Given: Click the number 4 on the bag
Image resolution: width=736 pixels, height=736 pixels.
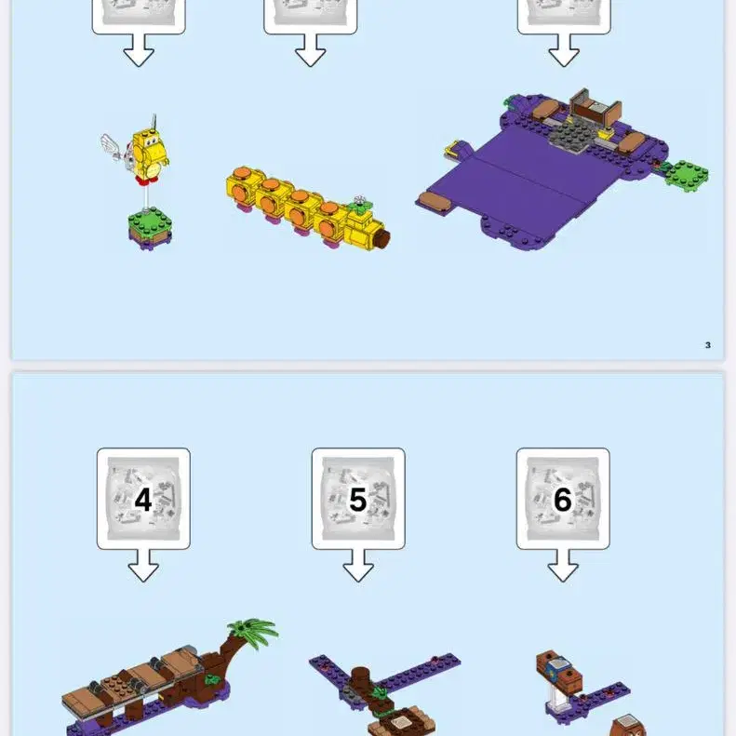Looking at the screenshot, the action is click(x=143, y=500).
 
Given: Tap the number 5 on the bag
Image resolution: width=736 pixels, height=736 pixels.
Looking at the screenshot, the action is click(x=357, y=500).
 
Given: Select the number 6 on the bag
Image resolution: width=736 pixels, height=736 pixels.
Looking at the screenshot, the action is click(x=563, y=500).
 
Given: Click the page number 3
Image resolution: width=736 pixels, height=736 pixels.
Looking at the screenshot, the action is click(x=708, y=345).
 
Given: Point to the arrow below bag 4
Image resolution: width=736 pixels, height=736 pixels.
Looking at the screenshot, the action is click(x=143, y=566).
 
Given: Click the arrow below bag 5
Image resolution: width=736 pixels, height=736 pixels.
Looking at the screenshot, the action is click(x=358, y=566).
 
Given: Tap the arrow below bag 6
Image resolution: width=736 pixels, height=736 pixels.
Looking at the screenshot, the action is click(x=563, y=566).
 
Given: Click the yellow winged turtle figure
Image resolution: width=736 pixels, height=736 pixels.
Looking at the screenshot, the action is click(x=149, y=154).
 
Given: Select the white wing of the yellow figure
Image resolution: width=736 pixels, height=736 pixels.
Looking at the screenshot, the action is click(x=114, y=147).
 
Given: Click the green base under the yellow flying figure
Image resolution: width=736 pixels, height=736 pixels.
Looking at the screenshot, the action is click(x=150, y=228).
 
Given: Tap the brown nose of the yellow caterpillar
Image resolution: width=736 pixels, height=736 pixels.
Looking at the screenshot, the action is click(x=382, y=238).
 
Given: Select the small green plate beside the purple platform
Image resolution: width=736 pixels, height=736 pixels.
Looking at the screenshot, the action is click(x=688, y=174).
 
